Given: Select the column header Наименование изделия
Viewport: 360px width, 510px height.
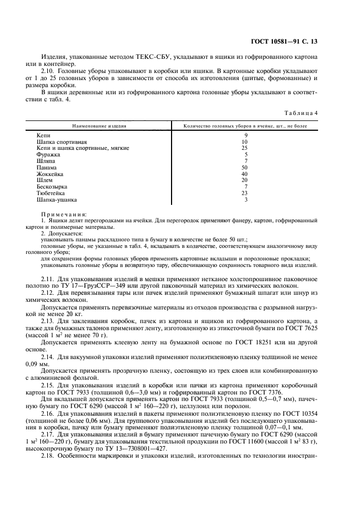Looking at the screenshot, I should (x=100, y=125).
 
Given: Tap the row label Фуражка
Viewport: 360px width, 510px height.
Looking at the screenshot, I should (x=47, y=154).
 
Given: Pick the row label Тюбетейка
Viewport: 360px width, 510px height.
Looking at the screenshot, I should (x=51, y=193).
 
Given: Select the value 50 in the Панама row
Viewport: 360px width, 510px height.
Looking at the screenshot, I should (x=246, y=167).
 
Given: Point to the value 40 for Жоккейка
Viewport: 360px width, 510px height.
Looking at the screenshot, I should (x=246, y=174).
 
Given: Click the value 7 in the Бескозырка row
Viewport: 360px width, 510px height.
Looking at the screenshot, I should (x=246, y=186).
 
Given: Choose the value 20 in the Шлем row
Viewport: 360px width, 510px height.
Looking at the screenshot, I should (x=246, y=180).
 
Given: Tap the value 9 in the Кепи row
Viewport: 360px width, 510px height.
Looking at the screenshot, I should (x=246, y=135).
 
